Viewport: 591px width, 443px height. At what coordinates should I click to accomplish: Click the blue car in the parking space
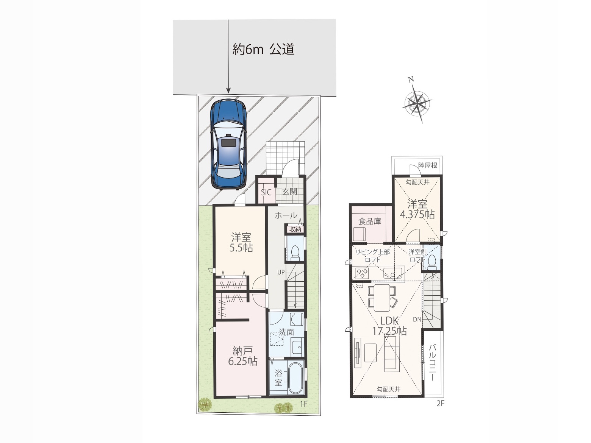coord(229,144)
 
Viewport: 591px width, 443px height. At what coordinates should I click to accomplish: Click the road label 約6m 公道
coord(263,50)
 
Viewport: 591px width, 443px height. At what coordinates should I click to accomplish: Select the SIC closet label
coord(266,192)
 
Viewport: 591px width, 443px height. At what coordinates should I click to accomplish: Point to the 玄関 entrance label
coord(290,192)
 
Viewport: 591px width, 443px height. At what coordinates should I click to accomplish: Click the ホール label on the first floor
coord(286,215)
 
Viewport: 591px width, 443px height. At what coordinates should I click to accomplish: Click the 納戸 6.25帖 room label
coord(243,356)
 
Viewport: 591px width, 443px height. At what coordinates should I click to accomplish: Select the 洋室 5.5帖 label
coord(241,242)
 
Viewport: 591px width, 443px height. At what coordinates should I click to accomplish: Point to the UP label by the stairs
coord(281,272)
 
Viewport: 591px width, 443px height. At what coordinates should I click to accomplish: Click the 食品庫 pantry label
coord(370,221)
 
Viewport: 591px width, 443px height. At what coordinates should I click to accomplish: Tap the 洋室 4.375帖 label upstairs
coord(417,209)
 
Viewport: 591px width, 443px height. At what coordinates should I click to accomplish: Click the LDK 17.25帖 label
coord(389,326)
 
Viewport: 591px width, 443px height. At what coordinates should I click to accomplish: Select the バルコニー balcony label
coord(432,362)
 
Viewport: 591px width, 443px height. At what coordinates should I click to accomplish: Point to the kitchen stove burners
coord(362,273)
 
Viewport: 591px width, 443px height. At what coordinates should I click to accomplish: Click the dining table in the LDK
coord(382,298)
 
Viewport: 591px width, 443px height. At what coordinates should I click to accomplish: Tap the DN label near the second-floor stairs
coord(417,320)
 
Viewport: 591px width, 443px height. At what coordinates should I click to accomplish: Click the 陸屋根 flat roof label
coord(428,165)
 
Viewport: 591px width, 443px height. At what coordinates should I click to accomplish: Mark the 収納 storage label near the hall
coord(295,229)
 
